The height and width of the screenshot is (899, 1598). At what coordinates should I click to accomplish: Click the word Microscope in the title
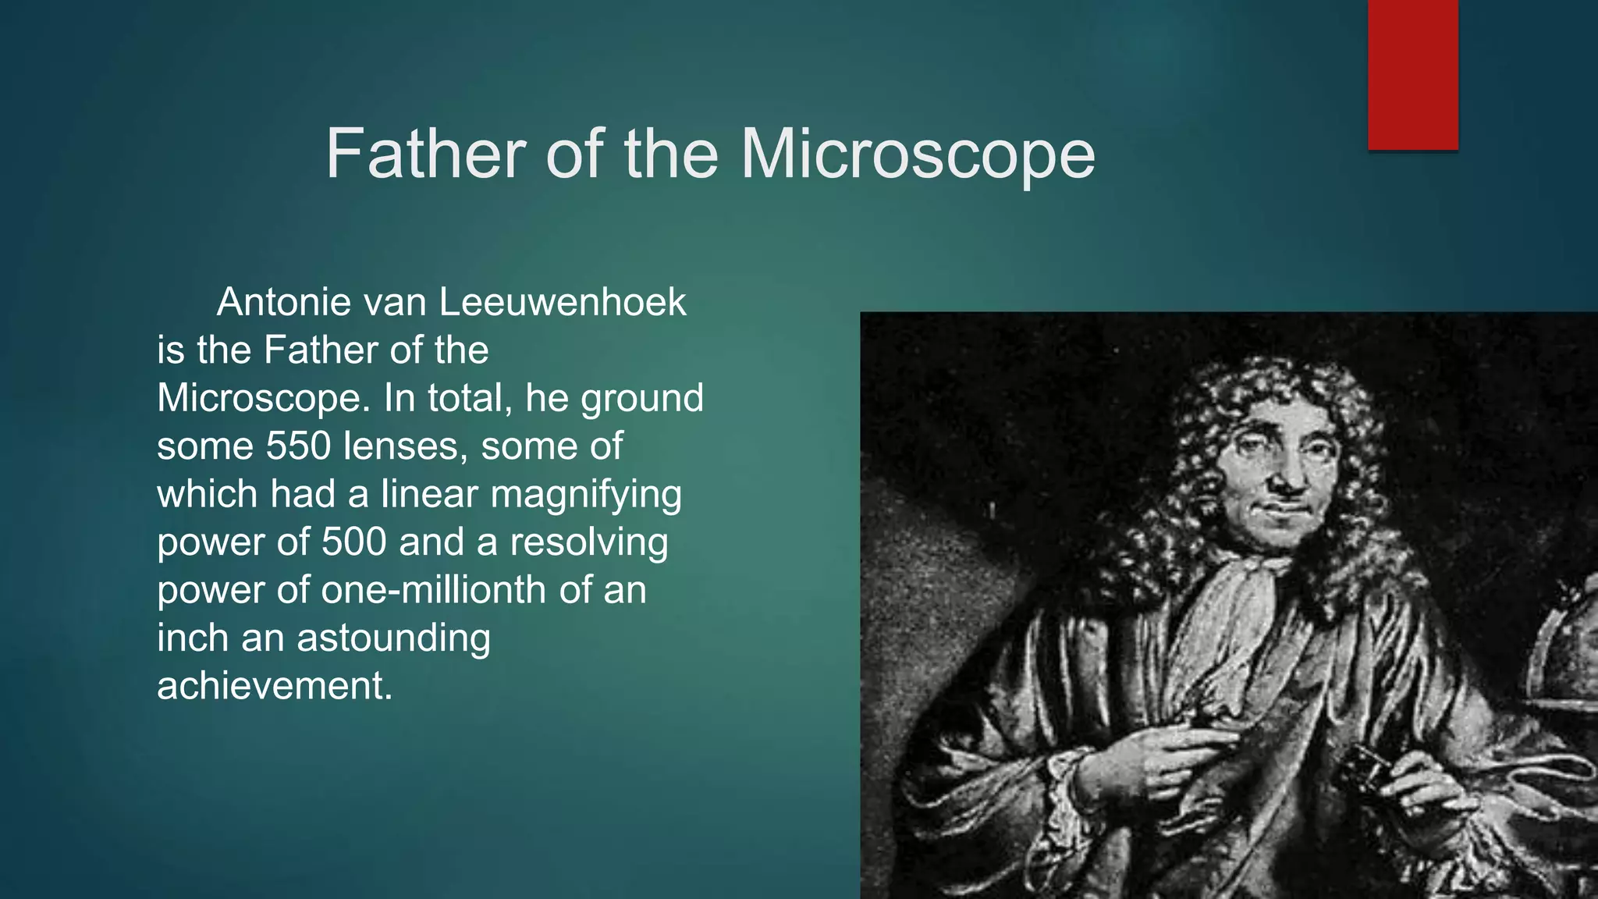pos(918,155)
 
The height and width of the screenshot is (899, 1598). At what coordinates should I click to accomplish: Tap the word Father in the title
pos(425,153)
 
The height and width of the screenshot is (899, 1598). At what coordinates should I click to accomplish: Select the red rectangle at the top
pos(1412,74)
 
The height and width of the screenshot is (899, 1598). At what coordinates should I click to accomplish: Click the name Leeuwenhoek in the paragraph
pos(563,302)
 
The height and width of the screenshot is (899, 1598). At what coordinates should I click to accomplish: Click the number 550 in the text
pos(298,446)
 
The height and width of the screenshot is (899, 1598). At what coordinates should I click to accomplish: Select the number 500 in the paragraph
pos(353,542)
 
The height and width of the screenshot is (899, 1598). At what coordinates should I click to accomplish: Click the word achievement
pos(274,686)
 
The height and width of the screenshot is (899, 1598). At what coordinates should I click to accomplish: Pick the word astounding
pos(393,638)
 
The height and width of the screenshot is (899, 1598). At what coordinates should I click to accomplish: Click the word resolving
pos(589,542)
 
